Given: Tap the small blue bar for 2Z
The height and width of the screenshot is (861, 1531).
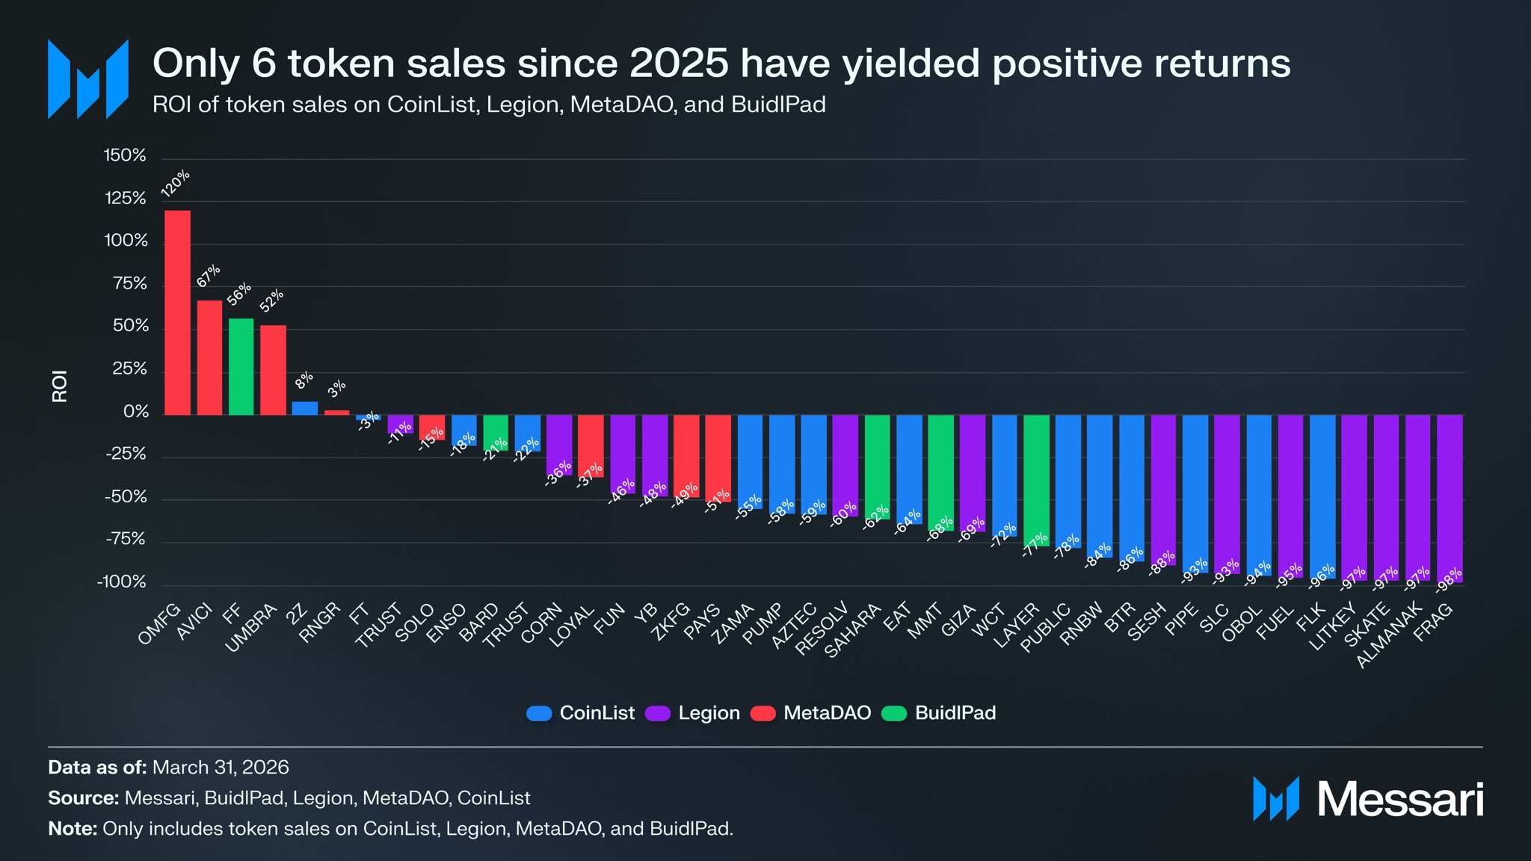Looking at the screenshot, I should click(304, 408).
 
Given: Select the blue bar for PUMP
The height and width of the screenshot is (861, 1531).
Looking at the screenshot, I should click(782, 464).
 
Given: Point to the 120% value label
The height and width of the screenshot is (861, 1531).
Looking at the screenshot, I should click(176, 183).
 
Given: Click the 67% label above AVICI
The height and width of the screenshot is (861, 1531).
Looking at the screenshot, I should click(209, 276).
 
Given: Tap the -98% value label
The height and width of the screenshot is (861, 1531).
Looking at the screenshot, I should click(1449, 580).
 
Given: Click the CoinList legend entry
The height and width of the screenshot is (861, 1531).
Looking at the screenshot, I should click(580, 713).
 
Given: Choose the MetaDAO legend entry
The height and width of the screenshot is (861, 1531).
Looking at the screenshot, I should click(810, 713).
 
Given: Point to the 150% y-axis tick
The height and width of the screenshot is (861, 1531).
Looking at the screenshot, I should click(125, 155).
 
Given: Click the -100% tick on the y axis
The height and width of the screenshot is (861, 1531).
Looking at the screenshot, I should click(122, 581).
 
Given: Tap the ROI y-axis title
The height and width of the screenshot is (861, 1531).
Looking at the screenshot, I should click(60, 386).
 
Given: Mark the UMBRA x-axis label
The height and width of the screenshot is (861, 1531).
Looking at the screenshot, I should click(251, 629).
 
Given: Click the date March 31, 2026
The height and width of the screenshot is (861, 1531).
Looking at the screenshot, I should click(221, 768).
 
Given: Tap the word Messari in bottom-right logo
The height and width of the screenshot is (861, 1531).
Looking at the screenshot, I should click(1399, 800).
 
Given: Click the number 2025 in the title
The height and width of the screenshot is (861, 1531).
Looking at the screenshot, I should click(679, 63).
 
